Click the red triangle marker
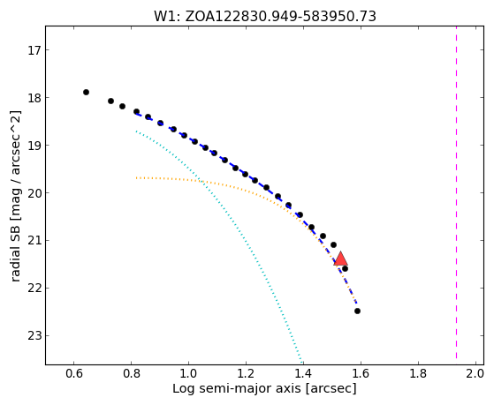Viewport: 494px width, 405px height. click(x=340, y=259)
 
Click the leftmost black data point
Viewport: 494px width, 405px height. click(x=86, y=92)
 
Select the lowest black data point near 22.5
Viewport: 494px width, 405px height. click(x=357, y=311)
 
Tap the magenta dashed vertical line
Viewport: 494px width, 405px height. click(x=456, y=195)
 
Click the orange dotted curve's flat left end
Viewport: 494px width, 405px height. click(x=137, y=178)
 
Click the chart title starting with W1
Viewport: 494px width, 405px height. click(x=264, y=16)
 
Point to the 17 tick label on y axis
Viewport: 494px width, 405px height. click(x=34, y=50)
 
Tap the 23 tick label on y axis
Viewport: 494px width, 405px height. click(x=34, y=336)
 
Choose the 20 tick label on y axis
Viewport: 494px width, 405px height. click(x=34, y=193)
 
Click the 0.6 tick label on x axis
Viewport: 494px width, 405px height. click(x=73, y=373)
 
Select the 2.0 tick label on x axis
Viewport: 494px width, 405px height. click(x=475, y=373)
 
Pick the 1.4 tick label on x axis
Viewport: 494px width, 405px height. click(x=303, y=373)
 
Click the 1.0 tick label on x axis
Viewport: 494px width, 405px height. click(x=188, y=373)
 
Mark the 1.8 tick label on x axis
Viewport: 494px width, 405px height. click(x=418, y=373)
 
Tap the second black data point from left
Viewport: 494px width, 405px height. click(x=110, y=101)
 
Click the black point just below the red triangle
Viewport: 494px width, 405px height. click(x=345, y=269)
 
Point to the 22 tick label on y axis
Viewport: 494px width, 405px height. click(x=34, y=289)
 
